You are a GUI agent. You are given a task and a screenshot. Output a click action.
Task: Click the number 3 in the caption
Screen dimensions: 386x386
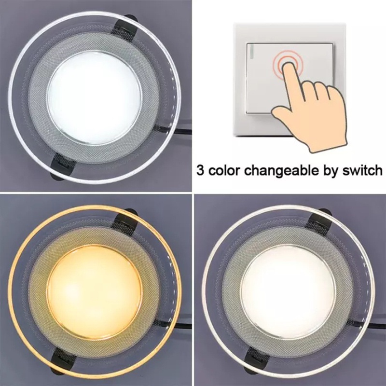coord(200,170)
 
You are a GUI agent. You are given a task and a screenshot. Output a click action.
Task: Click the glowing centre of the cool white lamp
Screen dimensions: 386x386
coord(95,98)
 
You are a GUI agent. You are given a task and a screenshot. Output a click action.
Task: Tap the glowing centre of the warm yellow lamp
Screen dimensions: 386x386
coord(95,291)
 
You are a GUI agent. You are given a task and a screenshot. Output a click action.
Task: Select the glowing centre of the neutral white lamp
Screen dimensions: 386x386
coord(288,291)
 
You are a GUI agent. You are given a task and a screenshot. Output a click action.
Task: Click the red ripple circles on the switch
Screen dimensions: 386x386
coord(286,62)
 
